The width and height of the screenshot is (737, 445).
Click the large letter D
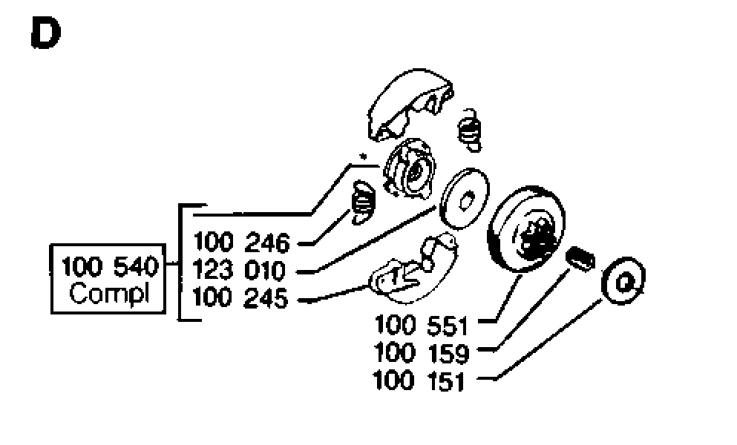45,33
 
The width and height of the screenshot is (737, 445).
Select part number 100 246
242,243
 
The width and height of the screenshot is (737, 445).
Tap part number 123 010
239,270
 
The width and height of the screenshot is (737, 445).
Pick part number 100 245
240,298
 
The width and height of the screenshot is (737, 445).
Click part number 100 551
422,325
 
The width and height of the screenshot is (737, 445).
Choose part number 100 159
422,353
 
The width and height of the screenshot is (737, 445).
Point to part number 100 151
419,380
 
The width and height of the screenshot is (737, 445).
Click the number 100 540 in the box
111,267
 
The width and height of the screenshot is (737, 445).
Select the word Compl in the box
109,294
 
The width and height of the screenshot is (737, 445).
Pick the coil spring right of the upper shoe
470,130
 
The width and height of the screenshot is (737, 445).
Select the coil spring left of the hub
363,202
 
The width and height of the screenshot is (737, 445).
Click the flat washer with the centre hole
464,198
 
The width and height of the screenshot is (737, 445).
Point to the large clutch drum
526,229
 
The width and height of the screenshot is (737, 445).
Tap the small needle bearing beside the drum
581,258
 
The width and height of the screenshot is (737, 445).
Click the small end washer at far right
623,280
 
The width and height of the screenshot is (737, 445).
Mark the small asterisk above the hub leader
362,156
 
